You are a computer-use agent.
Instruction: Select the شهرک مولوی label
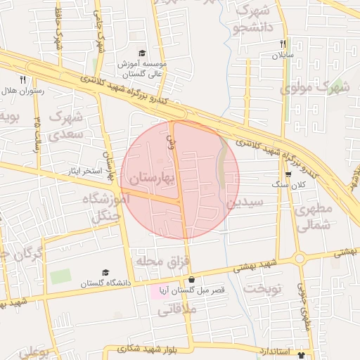[315, 88]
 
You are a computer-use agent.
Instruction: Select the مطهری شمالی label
[312, 218]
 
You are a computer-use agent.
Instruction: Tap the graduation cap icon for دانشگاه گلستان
[105, 273]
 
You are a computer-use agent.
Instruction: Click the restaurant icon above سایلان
[283, 44]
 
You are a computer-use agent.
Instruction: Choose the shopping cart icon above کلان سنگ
[288, 174]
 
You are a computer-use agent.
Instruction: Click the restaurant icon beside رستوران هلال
[22, 79]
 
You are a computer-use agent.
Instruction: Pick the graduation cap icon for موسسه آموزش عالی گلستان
[142, 53]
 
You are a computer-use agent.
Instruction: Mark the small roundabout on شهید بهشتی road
[300, 259]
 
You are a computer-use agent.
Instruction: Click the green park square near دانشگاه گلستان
[60, 276]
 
